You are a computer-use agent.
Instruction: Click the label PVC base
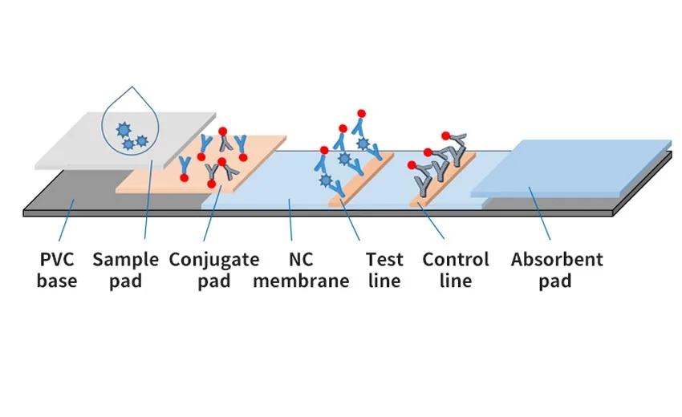click(57, 270)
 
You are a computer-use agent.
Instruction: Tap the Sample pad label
click(125, 270)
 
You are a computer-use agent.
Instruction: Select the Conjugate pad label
click(214, 270)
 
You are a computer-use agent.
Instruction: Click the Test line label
click(384, 270)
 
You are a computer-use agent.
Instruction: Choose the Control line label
click(456, 270)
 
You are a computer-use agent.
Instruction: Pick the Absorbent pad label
click(557, 270)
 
